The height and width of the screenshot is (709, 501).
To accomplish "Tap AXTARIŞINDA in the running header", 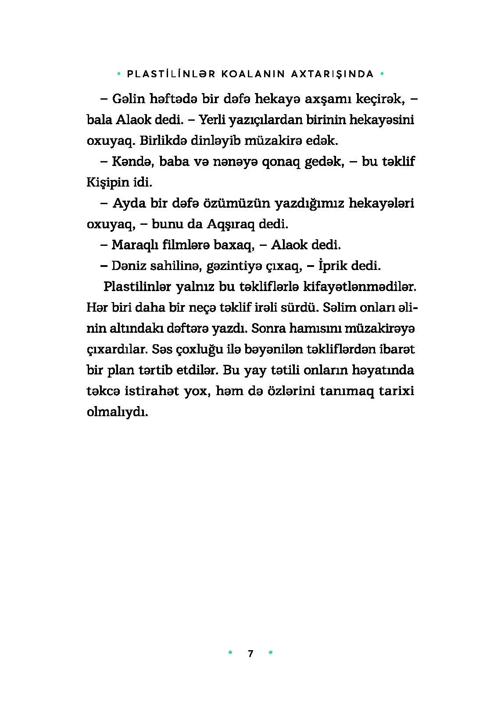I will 333,74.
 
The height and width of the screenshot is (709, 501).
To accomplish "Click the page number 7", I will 250,653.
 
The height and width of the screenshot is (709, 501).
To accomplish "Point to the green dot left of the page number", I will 230,653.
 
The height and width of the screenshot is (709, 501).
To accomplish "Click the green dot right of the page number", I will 271,653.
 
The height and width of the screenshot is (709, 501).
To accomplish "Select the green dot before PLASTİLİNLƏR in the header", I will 119,74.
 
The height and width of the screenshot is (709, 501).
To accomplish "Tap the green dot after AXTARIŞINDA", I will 382,74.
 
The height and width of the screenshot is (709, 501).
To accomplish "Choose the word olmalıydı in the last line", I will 118,412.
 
